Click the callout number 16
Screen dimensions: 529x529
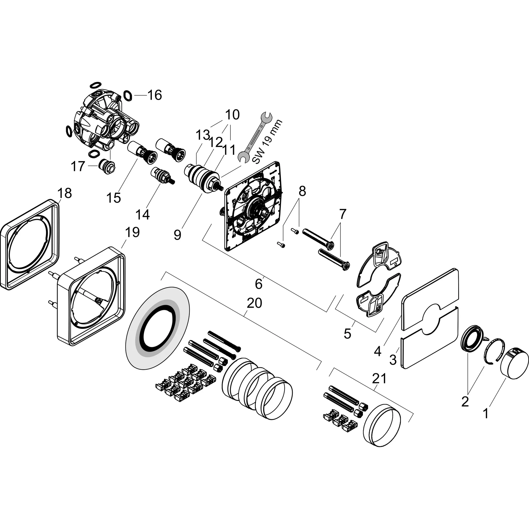point(155,95)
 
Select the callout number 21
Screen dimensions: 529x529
point(379,378)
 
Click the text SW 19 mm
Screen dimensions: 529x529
point(267,142)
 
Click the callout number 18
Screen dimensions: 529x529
point(65,193)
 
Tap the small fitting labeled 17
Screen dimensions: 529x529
point(107,165)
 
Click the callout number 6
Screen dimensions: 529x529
point(259,284)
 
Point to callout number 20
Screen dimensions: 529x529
point(254,303)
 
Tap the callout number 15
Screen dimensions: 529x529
point(114,197)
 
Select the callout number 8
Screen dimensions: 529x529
point(302,191)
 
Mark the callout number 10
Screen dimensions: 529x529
point(232,115)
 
